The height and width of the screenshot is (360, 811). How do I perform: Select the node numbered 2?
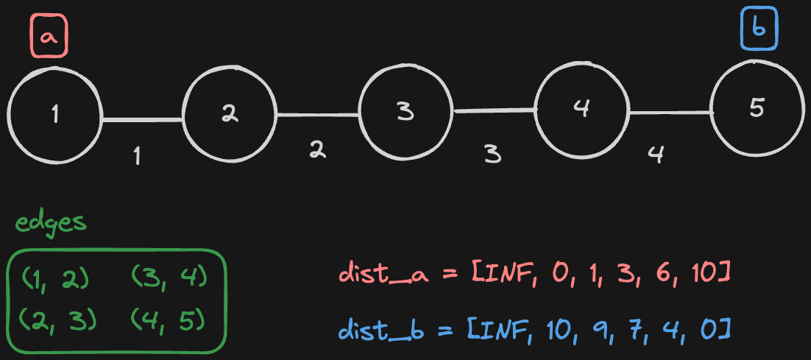(229, 113)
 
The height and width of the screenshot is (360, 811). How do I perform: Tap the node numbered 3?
(405, 112)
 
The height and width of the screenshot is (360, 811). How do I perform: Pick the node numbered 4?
(581, 109)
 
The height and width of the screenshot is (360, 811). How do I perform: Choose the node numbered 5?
(757, 108)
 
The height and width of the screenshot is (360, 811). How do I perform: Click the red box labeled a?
(49, 37)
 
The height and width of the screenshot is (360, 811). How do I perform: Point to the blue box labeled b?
(758, 32)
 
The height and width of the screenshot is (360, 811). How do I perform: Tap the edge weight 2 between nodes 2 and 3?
(317, 149)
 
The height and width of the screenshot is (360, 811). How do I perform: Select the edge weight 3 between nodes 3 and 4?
(492, 154)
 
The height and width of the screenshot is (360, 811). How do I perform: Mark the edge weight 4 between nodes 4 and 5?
(656, 155)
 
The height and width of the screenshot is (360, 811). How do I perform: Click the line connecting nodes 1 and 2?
(141, 119)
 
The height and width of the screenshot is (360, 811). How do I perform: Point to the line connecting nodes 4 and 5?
(670, 113)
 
